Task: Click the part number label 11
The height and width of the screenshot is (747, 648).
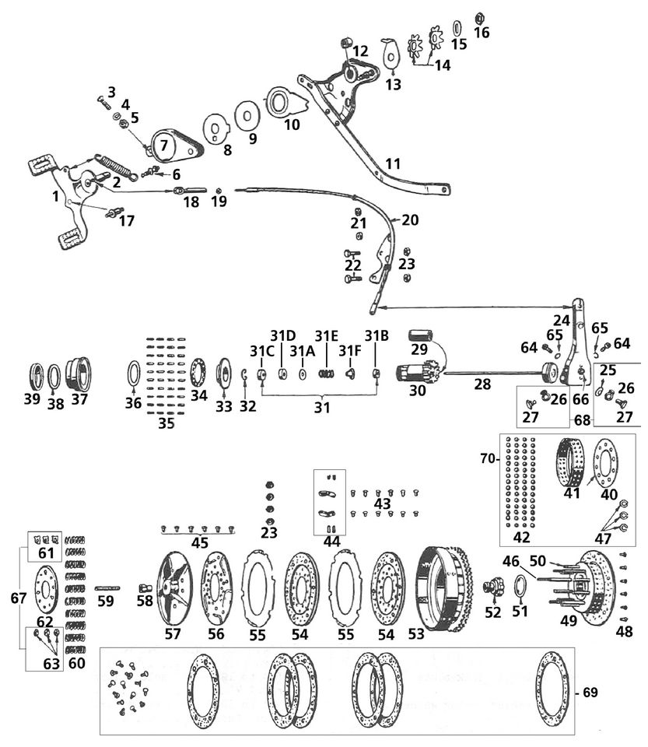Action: [393, 165]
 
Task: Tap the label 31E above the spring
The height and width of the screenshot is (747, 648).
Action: [327, 335]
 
